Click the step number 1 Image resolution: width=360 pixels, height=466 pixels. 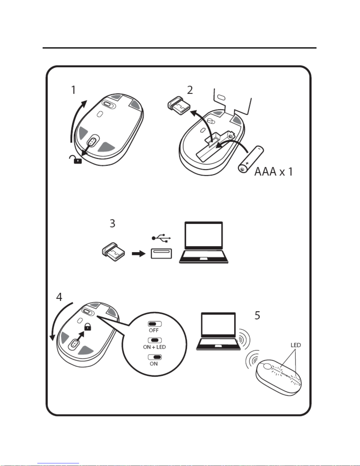click(73, 90)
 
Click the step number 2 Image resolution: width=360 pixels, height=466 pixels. click(190, 90)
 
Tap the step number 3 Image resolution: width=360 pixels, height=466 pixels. click(112, 223)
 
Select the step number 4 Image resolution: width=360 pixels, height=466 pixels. click(59, 297)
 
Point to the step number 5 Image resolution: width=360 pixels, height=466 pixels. click(257, 315)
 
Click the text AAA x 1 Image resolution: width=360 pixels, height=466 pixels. click(273, 171)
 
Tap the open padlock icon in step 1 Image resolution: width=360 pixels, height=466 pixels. click(76, 159)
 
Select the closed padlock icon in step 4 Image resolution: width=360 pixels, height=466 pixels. click(88, 326)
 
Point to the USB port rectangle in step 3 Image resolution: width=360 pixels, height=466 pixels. click(161, 253)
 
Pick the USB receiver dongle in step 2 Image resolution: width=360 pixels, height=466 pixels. click(179, 107)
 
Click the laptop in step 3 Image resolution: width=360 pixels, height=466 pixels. click(203, 243)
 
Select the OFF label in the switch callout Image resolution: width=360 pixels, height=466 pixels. click(154, 330)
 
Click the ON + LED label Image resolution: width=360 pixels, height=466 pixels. click(154, 347)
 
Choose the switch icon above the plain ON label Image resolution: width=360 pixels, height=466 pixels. click(155, 357)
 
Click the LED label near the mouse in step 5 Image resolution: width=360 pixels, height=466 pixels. click(296, 345)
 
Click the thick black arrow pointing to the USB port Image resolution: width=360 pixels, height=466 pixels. click(138, 253)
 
